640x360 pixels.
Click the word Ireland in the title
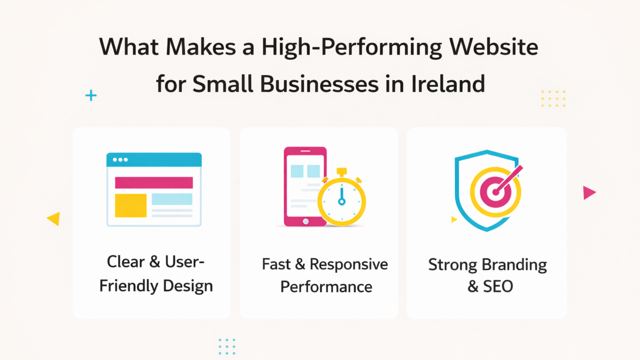pos(448,84)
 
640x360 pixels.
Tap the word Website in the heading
pos(494,47)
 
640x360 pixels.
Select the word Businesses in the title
pos(319,84)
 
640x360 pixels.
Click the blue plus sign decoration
pos(91,95)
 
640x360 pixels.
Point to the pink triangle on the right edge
pos(588,193)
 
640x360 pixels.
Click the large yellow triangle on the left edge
pos(54,219)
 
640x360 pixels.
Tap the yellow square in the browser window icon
pos(131,205)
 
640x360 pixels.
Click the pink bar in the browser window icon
pos(154,182)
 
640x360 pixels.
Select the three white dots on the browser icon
pos(120,160)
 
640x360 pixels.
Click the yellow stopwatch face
pos(342,202)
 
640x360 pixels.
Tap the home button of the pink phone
pos(306,221)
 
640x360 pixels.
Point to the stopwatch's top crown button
pos(342,172)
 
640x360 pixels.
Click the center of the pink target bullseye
pos(495,192)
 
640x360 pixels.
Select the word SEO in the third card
pos(498,286)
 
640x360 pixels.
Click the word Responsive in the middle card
pos(349,264)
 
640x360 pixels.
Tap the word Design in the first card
pos(188,286)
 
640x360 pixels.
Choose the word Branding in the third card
pos(514,265)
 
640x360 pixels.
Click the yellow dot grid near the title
pos(553,99)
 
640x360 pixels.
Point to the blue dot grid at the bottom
pos(227,346)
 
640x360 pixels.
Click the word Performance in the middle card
pos(326,287)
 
